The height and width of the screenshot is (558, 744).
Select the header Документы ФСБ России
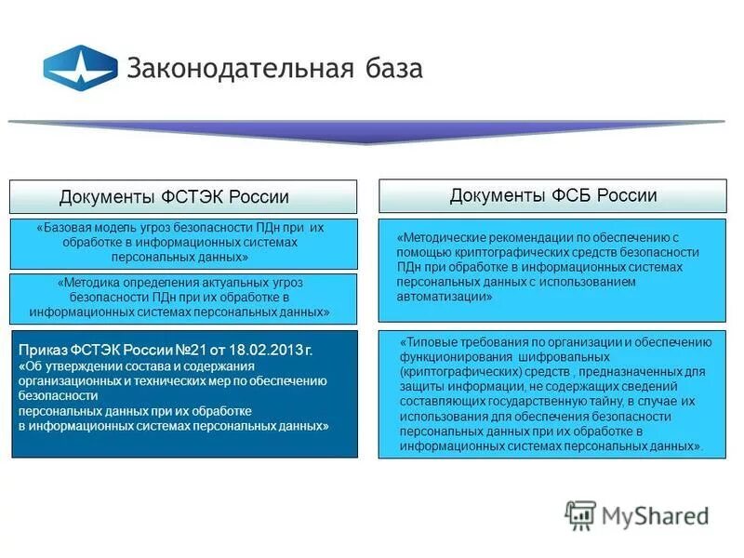coord(552,195)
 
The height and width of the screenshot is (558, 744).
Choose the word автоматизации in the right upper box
coord(441,296)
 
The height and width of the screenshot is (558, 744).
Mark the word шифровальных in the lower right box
coord(562,357)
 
